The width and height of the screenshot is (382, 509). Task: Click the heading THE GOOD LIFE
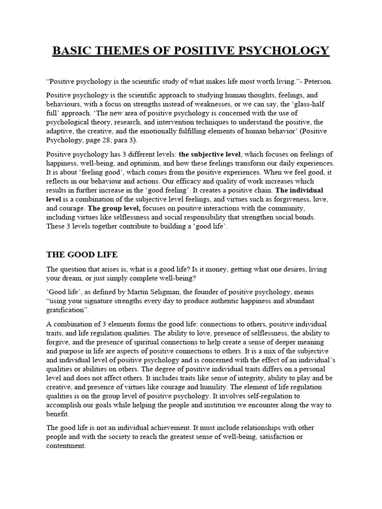pos(82,254)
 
